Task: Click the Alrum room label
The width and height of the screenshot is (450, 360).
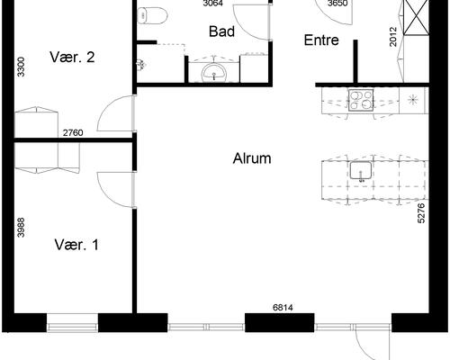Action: click(x=252, y=158)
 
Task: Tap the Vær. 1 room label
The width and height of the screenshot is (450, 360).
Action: click(x=76, y=245)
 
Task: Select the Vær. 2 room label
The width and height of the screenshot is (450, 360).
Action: click(x=72, y=57)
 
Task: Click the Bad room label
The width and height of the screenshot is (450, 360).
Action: click(x=221, y=31)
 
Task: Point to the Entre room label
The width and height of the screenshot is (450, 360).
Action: click(x=321, y=40)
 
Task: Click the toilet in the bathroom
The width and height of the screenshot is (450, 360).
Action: click(x=152, y=15)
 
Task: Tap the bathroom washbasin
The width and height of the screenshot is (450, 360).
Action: click(x=214, y=73)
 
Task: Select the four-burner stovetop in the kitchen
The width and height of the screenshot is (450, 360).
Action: click(x=361, y=100)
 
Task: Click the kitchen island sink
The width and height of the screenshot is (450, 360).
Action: click(x=361, y=171)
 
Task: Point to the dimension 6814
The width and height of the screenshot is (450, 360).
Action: click(x=283, y=307)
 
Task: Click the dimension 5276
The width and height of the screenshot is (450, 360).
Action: click(x=421, y=213)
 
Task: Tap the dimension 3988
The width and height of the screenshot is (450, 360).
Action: click(x=21, y=227)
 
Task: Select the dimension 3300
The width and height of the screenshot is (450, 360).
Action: click(x=21, y=67)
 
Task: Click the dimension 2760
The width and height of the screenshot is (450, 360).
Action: click(x=73, y=132)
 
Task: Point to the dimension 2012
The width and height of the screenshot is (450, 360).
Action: click(x=393, y=37)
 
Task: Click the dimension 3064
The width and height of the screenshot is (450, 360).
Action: click(x=212, y=4)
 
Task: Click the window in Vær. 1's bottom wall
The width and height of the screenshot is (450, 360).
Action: click(x=73, y=323)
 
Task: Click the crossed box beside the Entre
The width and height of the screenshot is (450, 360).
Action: click(x=416, y=17)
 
